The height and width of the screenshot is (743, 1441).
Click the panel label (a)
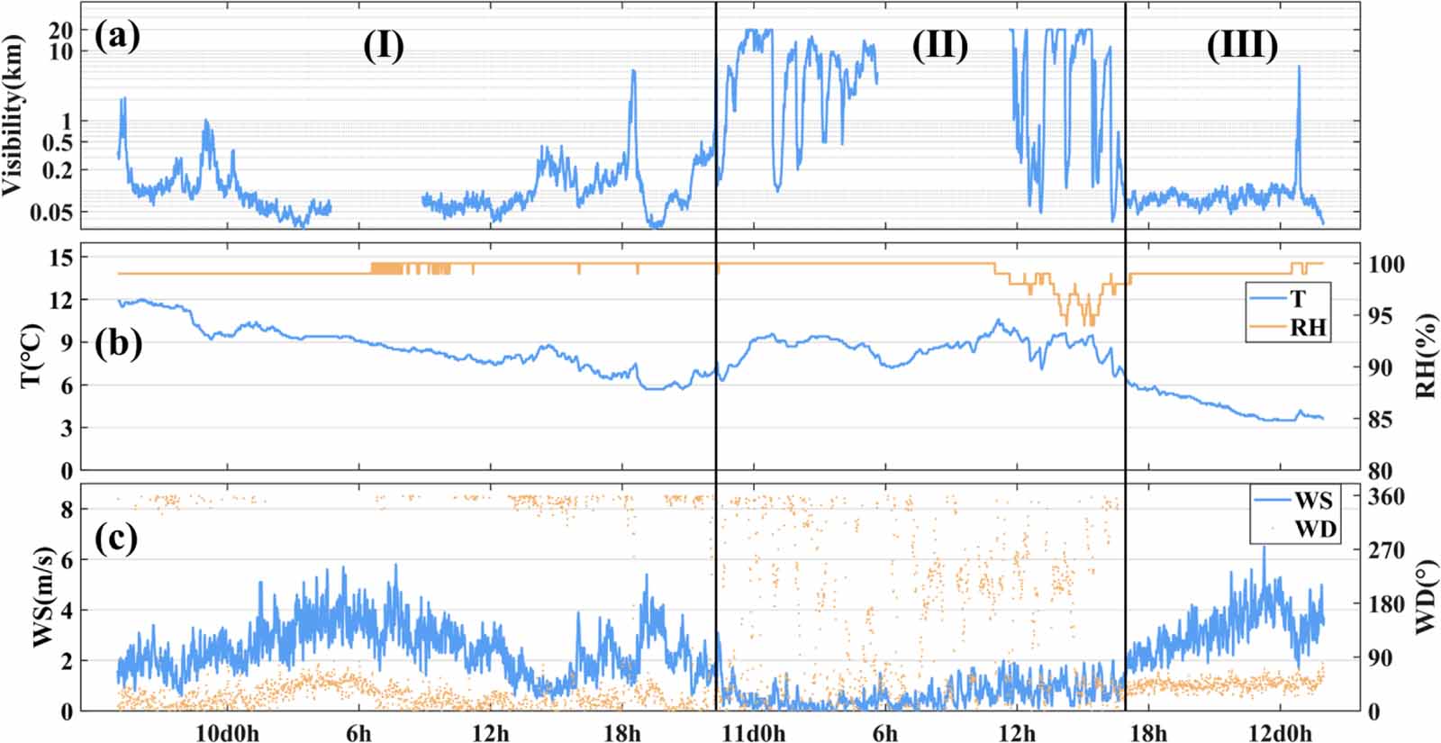pos(116,37)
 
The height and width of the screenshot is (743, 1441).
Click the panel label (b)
pos(118,344)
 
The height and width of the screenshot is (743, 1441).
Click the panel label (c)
pos(116,538)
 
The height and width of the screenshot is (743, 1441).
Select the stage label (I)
pos(383,45)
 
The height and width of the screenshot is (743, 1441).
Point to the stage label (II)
pos(939,45)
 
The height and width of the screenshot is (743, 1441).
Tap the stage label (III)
pos(1242,45)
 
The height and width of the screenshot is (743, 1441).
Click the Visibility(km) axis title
pos(14,115)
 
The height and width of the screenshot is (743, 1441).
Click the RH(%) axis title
pos(1425,356)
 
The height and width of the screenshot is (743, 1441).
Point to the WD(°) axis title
pos(1425,599)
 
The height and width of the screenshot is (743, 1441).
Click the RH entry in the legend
pos(1308,328)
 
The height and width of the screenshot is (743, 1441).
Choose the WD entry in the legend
pos(1315,529)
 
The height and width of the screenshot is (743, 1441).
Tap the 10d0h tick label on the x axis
pos(227,732)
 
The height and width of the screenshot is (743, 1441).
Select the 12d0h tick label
pos(1279,732)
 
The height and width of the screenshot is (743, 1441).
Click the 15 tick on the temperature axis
pos(60,258)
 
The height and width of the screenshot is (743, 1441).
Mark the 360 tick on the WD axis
pos(1387,497)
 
